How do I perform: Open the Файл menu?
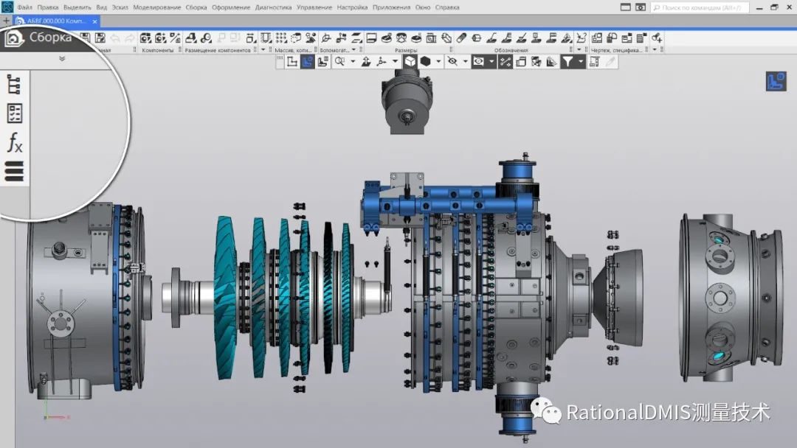pos(24,7)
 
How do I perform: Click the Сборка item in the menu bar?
pos(196,7)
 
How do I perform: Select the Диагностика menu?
pos(273,7)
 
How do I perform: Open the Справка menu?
pos(447,7)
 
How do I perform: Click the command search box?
pos(701,7)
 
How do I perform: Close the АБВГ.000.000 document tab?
pos(94,21)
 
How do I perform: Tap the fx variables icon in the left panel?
pos(15,142)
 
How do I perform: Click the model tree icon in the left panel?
pos(14,85)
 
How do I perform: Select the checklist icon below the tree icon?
pos(14,113)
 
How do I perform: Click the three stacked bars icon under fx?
pos(14,172)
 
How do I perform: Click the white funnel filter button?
pos(567,62)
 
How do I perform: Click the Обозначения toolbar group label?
pos(511,50)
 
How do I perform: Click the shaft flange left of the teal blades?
pos(177,297)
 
